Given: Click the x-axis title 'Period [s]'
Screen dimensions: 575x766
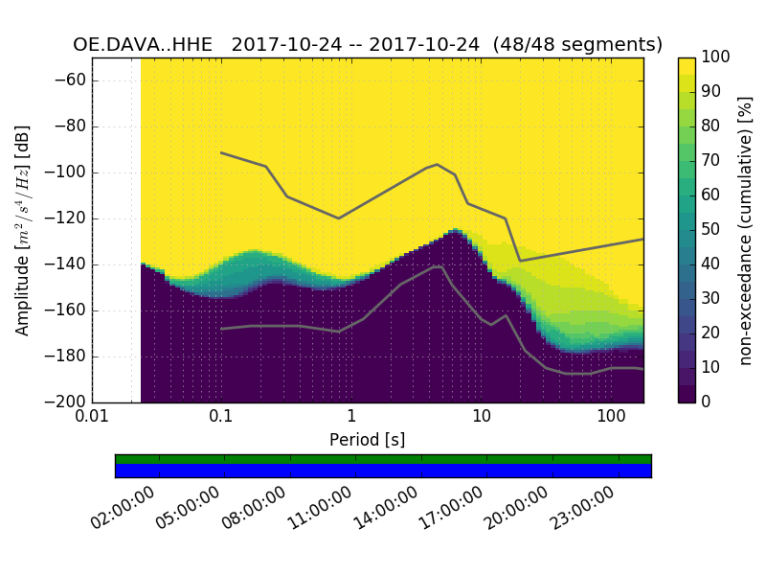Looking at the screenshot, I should (368, 440).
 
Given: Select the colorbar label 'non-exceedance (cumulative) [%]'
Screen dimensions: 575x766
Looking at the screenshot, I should (746, 230).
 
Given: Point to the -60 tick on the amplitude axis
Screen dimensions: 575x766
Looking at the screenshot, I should (67, 80).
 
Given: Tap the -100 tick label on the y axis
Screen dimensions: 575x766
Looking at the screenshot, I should (63, 172).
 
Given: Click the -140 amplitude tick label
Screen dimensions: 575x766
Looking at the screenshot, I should (63, 264).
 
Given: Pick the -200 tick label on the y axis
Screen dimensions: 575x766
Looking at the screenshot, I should (63, 402).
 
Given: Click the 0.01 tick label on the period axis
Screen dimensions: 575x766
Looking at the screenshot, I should (92, 418).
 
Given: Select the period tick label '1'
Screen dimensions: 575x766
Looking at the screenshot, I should (351, 418).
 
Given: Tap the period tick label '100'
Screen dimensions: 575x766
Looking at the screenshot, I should (611, 418).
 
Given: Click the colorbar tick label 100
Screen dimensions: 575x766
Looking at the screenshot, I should (716, 57).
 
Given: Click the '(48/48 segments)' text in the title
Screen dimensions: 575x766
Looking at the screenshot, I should (584, 44).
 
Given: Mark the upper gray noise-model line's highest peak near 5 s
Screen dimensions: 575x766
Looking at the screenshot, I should (438, 164).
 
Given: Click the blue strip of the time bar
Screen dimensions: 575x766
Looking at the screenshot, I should (383, 471).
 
